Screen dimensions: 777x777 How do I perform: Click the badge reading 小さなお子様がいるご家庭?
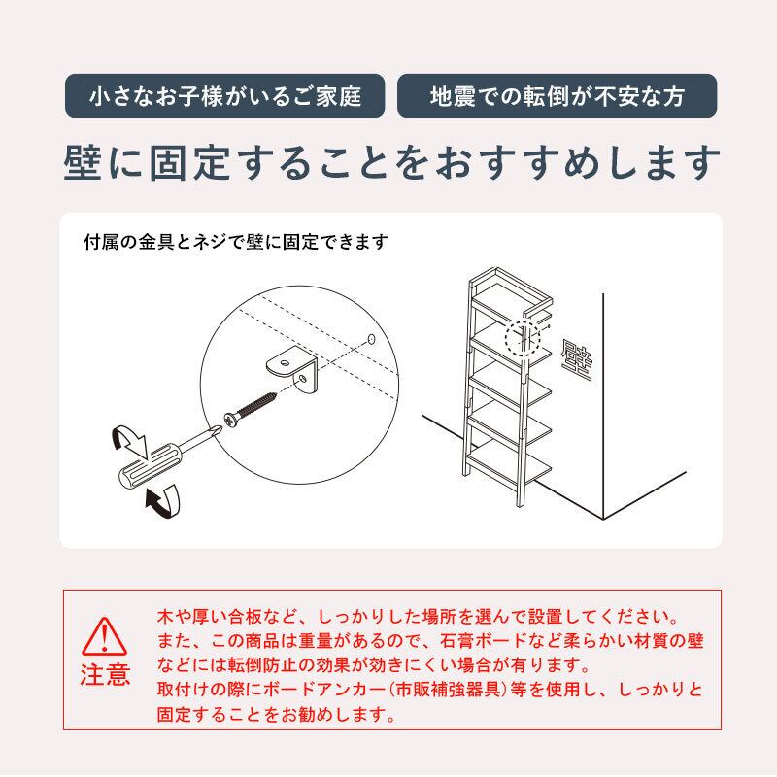click(224, 97)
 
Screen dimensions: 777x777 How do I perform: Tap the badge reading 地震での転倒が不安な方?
click(557, 97)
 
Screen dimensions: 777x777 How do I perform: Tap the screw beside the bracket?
click(254, 406)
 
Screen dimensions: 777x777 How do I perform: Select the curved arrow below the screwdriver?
click(163, 501)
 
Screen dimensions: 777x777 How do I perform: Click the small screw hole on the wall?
click(372, 337)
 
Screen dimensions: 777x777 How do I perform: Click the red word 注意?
click(103, 675)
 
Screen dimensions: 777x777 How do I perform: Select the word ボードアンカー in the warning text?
click(328, 691)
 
